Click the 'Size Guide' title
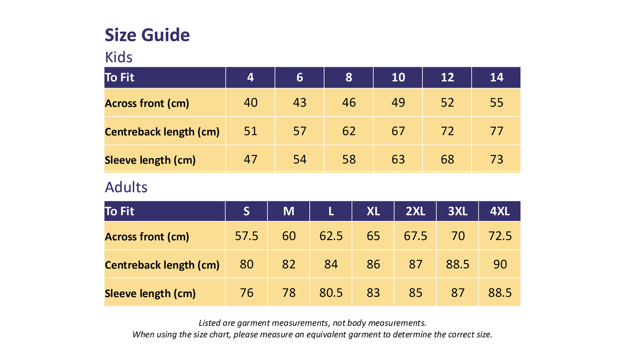pyautogui.click(x=147, y=35)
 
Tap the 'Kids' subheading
pyautogui.click(x=119, y=57)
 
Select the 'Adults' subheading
pyautogui.click(x=126, y=187)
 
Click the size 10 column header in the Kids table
pyautogui.click(x=398, y=77)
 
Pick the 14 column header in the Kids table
pyautogui.click(x=496, y=77)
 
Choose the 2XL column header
pyautogui.click(x=415, y=211)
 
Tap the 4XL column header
pyautogui.click(x=500, y=211)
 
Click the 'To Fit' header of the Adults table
pyautogui.click(x=120, y=211)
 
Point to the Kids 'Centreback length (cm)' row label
pyautogui.click(x=162, y=132)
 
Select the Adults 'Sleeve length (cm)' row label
pyautogui.click(x=150, y=294)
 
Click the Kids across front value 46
pyautogui.click(x=349, y=103)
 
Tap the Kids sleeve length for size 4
pyautogui.click(x=250, y=159)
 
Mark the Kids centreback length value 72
pyautogui.click(x=447, y=131)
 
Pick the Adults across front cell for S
pyautogui.click(x=246, y=236)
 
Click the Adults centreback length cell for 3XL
pyautogui.click(x=458, y=264)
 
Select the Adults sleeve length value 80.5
pyautogui.click(x=331, y=293)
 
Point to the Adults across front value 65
pyautogui.click(x=373, y=236)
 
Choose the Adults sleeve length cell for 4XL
pyautogui.click(x=500, y=293)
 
